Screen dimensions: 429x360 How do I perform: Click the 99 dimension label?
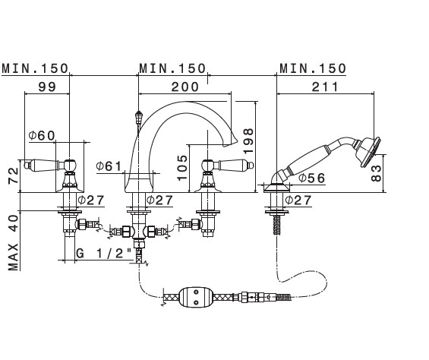click(x=47, y=87)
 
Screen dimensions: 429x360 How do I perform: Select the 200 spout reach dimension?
click(x=185, y=87)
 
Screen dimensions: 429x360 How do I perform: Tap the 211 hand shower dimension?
click(x=325, y=87)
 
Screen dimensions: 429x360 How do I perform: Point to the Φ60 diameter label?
click(x=42, y=135)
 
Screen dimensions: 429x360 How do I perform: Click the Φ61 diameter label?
click(x=109, y=166)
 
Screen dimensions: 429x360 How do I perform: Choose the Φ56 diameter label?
click(x=311, y=178)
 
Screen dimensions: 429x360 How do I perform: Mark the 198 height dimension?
click(x=249, y=141)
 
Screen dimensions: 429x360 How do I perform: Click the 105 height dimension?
click(x=182, y=168)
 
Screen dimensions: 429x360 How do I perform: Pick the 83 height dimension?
click(x=376, y=173)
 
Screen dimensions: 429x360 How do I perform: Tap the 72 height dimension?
click(x=13, y=175)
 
